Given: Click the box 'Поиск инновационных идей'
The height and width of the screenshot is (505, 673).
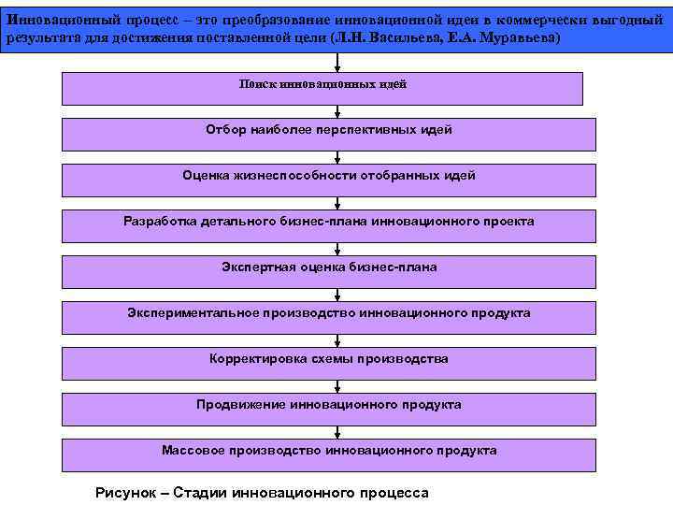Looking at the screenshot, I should (x=322, y=89).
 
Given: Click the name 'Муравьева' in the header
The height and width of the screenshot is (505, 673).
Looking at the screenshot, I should (x=513, y=37).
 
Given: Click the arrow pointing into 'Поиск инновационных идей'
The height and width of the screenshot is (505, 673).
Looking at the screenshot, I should (x=337, y=64).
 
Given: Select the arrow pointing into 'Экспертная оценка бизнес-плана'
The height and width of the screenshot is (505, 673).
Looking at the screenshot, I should (x=337, y=249).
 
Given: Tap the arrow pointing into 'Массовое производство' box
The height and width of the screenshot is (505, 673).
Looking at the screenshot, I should (x=337, y=432).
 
